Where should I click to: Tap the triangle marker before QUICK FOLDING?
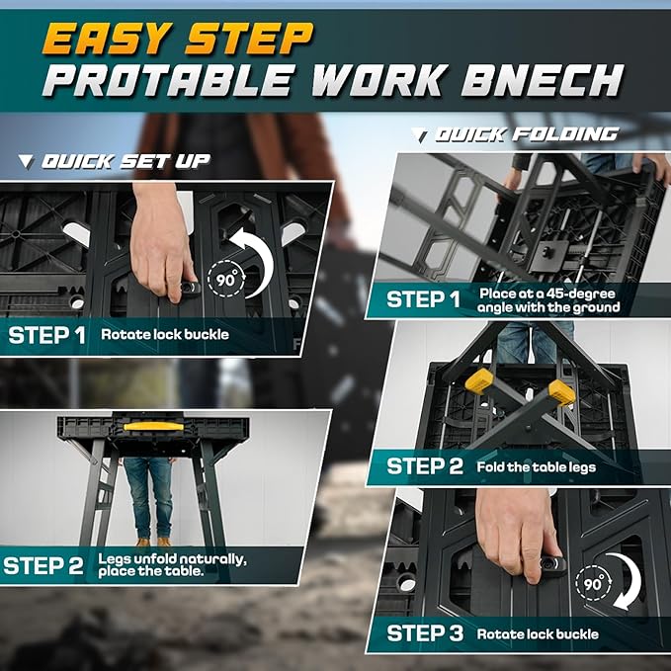coord(420,134)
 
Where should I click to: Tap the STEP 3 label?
coord(424,633)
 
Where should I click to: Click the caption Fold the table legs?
coord(535,465)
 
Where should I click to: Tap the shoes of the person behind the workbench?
coord(152,541)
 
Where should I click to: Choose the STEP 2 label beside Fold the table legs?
coord(424,465)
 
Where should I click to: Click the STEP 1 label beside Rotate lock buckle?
coord(46,335)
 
